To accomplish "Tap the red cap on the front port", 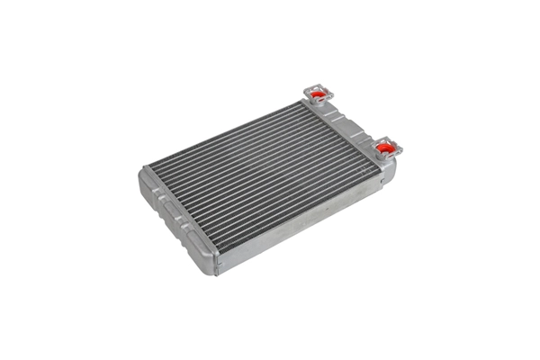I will pos(384,146).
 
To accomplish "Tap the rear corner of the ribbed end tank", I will pos(144,171).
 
